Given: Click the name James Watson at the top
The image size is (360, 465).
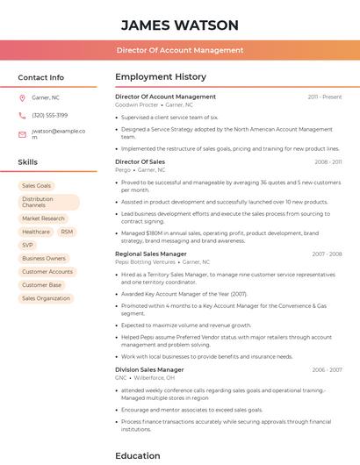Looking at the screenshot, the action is click(x=180, y=25).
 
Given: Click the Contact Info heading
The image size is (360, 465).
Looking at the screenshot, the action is click(x=40, y=77).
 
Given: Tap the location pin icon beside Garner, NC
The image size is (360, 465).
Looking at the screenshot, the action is click(x=22, y=97).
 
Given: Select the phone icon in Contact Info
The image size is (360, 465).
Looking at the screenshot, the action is click(x=22, y=115).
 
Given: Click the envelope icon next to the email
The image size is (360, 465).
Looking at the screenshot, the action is click(x=22, y=134).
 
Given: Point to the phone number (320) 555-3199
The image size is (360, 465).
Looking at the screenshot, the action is click(x=49, y=115).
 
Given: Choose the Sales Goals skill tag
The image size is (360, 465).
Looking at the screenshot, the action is click(x=37, y=186).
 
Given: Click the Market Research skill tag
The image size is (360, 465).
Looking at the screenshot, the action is click(x=43, y=218).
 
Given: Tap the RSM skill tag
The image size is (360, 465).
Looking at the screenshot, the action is click(x=67, y=232).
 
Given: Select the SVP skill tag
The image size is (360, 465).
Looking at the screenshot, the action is click(x=28, y=245).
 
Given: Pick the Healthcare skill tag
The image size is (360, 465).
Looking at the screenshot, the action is click(x=36, y=232).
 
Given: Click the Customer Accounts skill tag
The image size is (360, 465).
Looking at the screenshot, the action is click(x=47, y=272).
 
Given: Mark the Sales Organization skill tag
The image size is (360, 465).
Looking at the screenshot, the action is click(x=46, y=298).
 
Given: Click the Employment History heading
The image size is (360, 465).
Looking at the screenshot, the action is click(x=161, y=77).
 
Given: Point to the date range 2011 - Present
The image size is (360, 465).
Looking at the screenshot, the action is click(x=325, y=97).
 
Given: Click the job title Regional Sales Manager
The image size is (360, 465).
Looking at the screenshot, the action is click(x=151, y=254).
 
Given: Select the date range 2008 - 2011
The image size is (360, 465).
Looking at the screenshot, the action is click(x=328, y=162).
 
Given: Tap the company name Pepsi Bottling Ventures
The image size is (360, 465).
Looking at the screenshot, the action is click(x=145, y=261).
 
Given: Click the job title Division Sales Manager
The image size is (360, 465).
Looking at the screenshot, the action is click(x=150, y=369).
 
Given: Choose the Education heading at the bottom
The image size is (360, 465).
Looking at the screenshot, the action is click(x=138, y=455).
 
